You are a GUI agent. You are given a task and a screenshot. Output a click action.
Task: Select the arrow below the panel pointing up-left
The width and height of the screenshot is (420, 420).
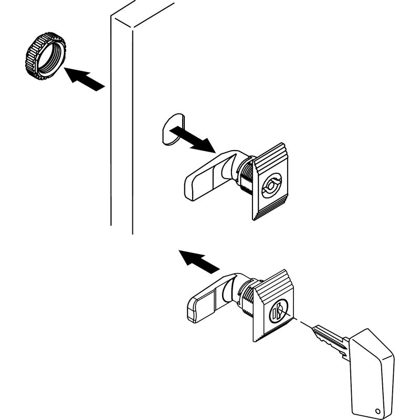coord(198,261)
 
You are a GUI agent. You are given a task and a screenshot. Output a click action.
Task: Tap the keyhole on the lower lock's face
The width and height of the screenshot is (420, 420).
coord(278,312)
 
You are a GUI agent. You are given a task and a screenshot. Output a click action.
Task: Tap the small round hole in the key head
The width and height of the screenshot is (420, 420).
coord(377,411)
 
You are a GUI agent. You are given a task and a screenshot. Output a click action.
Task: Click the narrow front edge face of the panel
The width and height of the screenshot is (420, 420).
coord(121,126)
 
